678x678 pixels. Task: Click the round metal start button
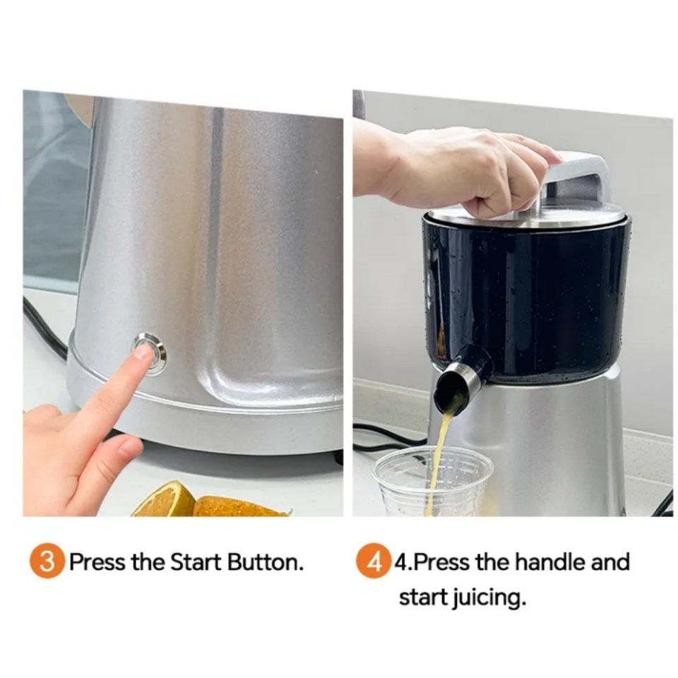pyautogui.click(x=150, y=354)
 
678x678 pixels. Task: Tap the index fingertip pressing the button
pyautogui.click(x=144, y=352)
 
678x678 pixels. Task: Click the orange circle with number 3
pyautogui.click(x=47, y=561)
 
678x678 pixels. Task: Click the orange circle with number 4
pyautogui.click(x=374, y=561)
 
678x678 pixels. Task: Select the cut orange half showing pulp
pyautogui.click(x=165, y=501)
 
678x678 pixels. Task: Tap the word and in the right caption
pyautogui.click(x=610, y=561)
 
